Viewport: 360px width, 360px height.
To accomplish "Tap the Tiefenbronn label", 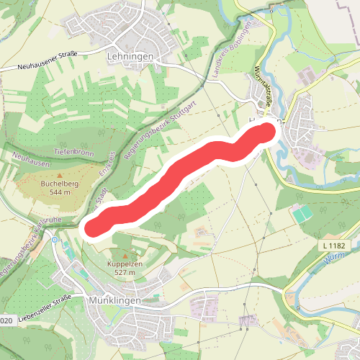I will point(75,153).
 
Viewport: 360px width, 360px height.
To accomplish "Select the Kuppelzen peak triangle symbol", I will point(125,256).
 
